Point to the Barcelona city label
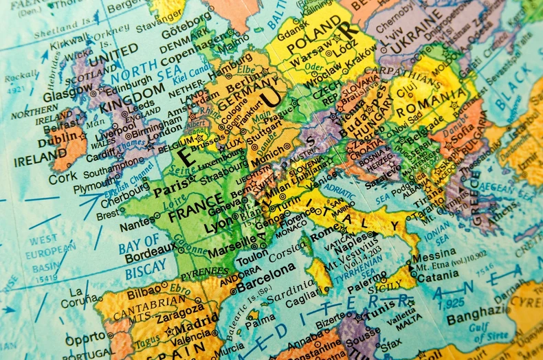tap(261, 283)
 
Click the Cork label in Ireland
tap(63, 177)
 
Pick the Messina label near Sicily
tap(433, 255)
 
